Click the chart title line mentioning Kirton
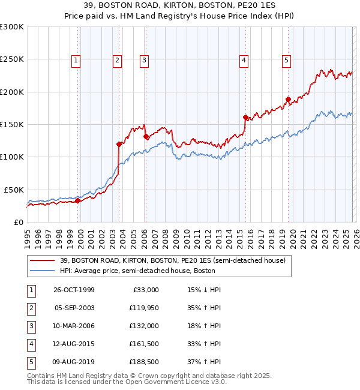tap(180, 5)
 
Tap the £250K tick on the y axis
tap(12, 59)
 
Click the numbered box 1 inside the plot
tap(77, 60)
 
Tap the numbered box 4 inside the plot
tap(244, 60)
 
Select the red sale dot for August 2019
tap(288, 100)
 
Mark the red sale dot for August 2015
tap(245, 117)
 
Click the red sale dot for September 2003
tap(119, 144)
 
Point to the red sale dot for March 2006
tap(146, 136)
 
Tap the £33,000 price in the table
tap(145, 290)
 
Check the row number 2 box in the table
tap(31, 308)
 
